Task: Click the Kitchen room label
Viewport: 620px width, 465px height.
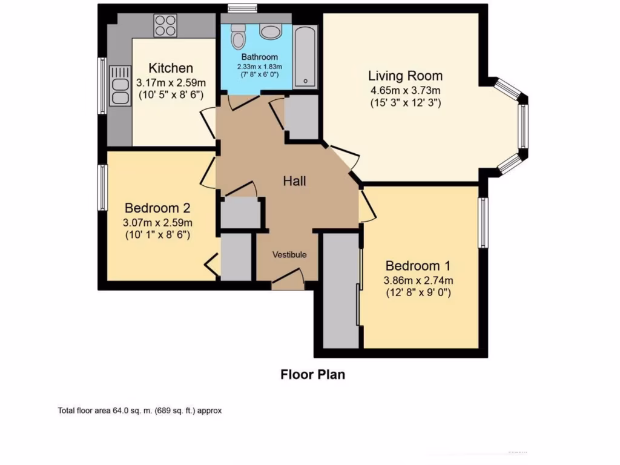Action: (171, 68)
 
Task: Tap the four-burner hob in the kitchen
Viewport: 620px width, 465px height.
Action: (164, 26)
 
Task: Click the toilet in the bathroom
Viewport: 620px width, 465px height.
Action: (238, 37)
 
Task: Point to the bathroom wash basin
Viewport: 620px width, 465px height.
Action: (268, 31)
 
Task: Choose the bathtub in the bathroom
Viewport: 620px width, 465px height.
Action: (305, 56)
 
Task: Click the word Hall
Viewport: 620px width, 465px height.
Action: (295, 181)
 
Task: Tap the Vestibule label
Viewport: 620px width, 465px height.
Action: (289, 254)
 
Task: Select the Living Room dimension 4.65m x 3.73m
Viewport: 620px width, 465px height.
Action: (406, 90)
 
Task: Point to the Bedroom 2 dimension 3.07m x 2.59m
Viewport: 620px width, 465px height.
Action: (157, 222)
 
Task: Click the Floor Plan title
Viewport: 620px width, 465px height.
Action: (312, 374)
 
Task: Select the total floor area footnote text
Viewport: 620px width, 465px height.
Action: (140, 411)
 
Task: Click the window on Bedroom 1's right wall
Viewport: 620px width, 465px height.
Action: (483, 222)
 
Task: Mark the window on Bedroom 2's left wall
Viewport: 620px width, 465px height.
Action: (102, 187)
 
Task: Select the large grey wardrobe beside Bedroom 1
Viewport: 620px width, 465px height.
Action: (341, 291)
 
